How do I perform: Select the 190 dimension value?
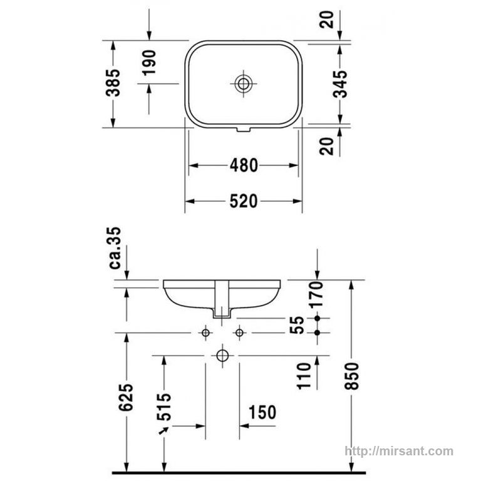[150, 63]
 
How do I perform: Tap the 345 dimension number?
[340, 84]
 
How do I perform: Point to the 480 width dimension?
[244, 165]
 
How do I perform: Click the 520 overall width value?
[244, 202]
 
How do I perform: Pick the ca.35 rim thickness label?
[115, 248]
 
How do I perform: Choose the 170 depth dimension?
[316, 295]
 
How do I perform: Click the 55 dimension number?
[297, 325]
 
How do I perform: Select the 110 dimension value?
[304, 376]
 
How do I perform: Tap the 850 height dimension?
[351, 376]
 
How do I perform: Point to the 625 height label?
[127, 397]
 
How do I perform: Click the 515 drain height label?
[164, 406]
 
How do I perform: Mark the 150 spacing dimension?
[262, 412]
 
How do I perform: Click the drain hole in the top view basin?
[243, 83]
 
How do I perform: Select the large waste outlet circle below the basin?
[222, 356]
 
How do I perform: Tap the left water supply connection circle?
[205, 333]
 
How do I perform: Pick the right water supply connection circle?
[240, 333]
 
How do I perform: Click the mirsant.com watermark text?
[399, 451]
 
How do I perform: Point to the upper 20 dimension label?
[326, 19]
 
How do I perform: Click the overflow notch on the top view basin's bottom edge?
[243, 130]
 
